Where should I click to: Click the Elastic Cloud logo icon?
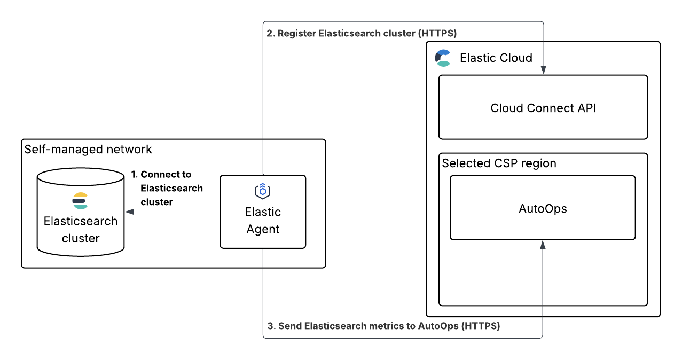pyautogui.click(x=443, y=58)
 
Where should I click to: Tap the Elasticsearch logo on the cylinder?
pyautogui.click(x=80, y=200)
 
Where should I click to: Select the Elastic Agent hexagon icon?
pyautogui.click(x=263, y=191)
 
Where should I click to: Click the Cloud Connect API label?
pyautogui.click(x=543, y=108)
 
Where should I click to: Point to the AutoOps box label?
pyautogui.click(x=543, y=208)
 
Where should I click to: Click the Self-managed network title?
pyautogui.click(x=88, y=150)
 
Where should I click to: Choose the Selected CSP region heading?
pyautogui.click(x=499, y=163)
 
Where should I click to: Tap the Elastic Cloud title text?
pyautogui.click(x=496, y=58)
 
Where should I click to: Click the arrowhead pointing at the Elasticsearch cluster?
pyautogui.click(x=129, y=212)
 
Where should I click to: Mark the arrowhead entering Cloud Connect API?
pyautogui.click(x=543, y=70)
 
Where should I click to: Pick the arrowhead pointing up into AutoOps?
pyautogui.click(x=543, y=245)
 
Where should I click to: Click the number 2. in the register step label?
pyautogui.click(x=270, y=34)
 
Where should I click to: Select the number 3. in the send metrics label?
pyautogui.click(x=271, y=326)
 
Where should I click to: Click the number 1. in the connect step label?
pyautogui.click(x=135, y=175)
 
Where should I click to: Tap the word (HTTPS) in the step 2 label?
pyautogui.click(x=437, y=34)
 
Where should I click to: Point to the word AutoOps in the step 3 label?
pyautogui.click(x=437, y=326)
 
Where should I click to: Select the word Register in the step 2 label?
pyautogui.click(x=296, y=34)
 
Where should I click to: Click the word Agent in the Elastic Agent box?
pyautogui.click(x=263, y=229)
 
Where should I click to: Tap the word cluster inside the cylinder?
pyautogui.click(x=81, y=238)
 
